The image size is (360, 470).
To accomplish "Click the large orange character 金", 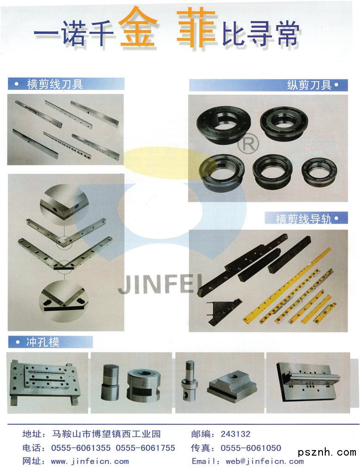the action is click(x=138, y=27).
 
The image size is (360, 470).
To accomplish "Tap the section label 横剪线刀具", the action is click(x=55, y=84).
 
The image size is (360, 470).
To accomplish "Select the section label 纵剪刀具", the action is click(x=309, y=85).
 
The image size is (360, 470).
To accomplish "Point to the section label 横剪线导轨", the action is click(x=303, y=218).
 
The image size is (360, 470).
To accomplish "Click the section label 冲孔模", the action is click(x=43, y=342).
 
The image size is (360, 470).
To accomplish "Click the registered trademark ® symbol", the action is click(x=248, y=144).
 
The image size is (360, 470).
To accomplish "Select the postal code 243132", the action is click(x=235, y=434).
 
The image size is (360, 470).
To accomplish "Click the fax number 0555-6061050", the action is click(x=251, y=448).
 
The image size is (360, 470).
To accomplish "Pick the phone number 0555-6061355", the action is click(x=81, y=448).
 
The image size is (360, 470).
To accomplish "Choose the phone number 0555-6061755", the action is click(x=145, y=448).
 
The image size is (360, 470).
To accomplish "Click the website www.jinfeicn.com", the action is click(x=90, y=461).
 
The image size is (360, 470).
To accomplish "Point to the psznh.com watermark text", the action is click(x=327, y=452).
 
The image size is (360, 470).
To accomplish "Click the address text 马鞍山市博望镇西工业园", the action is click(x=106, y=434).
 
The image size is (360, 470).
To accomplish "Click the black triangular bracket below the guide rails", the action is click(x=223, y=312).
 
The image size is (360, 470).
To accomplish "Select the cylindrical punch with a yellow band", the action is click(x=110, y=382).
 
